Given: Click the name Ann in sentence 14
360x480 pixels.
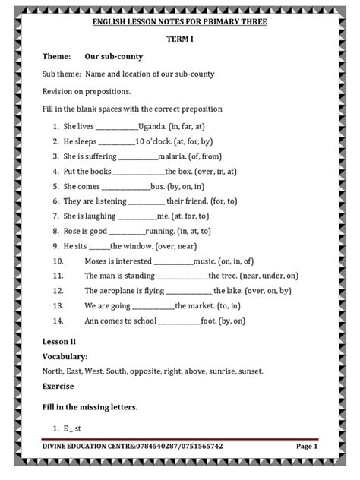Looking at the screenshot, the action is (x=92, y=320).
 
